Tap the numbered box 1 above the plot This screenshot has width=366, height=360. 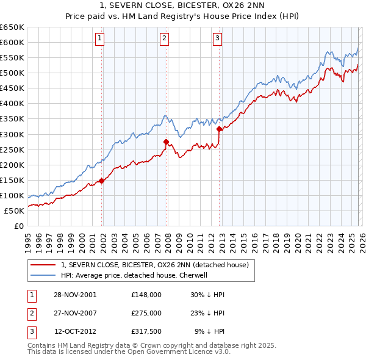[x=99, y=38]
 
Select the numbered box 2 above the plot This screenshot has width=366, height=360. [x=165, y=38]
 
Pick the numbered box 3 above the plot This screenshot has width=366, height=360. [x=217, y=38]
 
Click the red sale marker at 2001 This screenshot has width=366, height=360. [x=102, y=181]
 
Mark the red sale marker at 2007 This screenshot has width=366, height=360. [x=166, y=142]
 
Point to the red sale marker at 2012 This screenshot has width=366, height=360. [x=219, y=129]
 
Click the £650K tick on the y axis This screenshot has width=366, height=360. [x=12, y=27]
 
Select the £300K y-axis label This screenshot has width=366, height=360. [x=12, y=134]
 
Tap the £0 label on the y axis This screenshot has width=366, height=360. [x=19, y=226]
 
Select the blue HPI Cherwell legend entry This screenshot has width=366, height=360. [x=134, y=275]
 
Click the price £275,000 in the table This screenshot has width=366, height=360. [x=146, y=313]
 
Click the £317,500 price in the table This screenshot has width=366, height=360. [x=146, y=331]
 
